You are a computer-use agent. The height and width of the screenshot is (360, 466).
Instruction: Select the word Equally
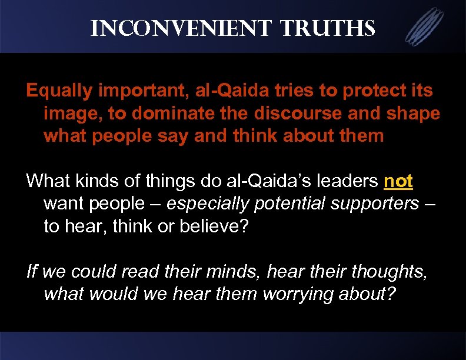pos(58,91)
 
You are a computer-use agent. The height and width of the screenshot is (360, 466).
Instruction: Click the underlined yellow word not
pos(398,182)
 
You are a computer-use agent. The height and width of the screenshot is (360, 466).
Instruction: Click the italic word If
pos(32,272)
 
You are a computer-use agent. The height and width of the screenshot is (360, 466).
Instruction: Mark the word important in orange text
pos(132,91)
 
